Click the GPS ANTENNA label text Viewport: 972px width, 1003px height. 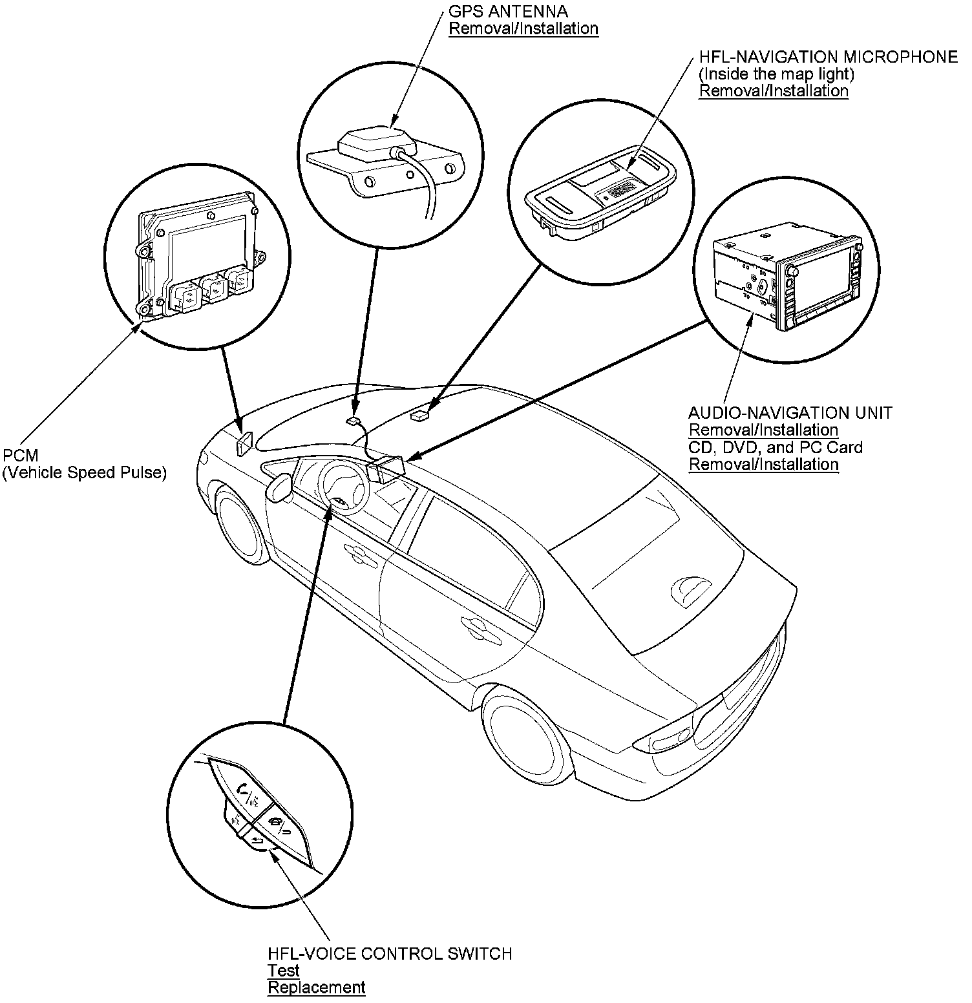508,12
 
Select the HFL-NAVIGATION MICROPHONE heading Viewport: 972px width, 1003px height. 828,57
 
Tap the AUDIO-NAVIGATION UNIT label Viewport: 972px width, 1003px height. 790,412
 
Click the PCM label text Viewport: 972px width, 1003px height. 21,456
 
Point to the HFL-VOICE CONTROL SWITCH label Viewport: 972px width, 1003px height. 390,953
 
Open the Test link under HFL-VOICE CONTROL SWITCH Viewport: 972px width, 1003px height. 284,971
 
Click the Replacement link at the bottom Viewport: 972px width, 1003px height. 316,987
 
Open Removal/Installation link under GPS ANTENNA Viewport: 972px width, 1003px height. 523,29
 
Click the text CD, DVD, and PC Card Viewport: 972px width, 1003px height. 775,447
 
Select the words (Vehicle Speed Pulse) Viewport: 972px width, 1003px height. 85,473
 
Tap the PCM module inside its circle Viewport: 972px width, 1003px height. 197,255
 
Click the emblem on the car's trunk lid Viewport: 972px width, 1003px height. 691,589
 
